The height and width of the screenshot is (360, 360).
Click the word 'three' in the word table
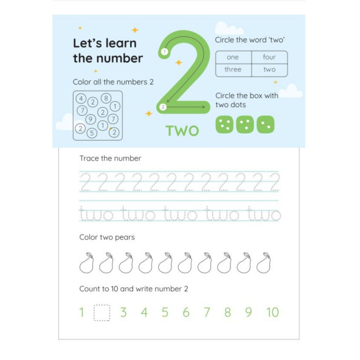point(233,69)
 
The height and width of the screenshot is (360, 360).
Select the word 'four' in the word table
point(269,57)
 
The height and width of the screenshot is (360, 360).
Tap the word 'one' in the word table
point(232,57)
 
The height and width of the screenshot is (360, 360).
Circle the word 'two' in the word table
point(269,69)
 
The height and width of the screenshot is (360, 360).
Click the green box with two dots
point(265,125)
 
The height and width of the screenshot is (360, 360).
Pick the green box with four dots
point(224,125)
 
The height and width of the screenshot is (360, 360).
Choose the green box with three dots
point(244,125)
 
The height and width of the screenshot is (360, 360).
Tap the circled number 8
point(106,99)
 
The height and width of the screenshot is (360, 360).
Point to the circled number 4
point(81,99)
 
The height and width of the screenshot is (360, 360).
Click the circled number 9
point(91,119)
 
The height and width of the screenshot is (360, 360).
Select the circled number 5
point(92,133)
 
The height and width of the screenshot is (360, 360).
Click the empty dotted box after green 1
point(102,313)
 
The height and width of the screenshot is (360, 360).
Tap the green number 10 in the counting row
point(272,312)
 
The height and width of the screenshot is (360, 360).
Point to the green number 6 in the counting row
point(186,312)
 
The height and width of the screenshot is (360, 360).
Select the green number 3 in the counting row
point(123,312)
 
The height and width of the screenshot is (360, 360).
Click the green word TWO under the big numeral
point(182,131)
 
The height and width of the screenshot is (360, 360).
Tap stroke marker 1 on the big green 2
point(164,52)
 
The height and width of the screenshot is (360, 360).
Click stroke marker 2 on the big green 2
point(163,107)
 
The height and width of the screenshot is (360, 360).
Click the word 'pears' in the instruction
point(125,237)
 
